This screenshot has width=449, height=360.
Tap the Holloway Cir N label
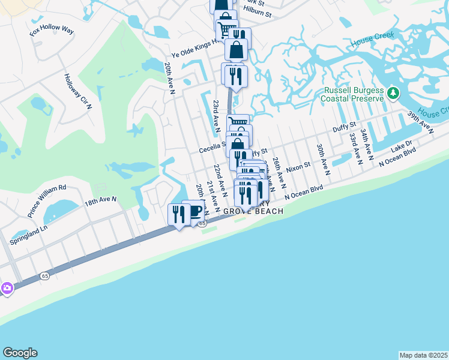tap(77, 91)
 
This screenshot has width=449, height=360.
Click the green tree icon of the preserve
tap(393, 93)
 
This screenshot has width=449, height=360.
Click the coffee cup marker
tap(194, 212)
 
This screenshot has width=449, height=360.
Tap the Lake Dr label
tap(402, 146)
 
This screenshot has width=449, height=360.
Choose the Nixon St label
tap(298, 166)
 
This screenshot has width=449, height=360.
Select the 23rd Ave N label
tap(215, 113)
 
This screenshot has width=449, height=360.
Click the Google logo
tap(20, 353)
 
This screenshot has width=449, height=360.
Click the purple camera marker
tap(7, 288)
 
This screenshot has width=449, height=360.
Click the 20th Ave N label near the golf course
tap(170, 76)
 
